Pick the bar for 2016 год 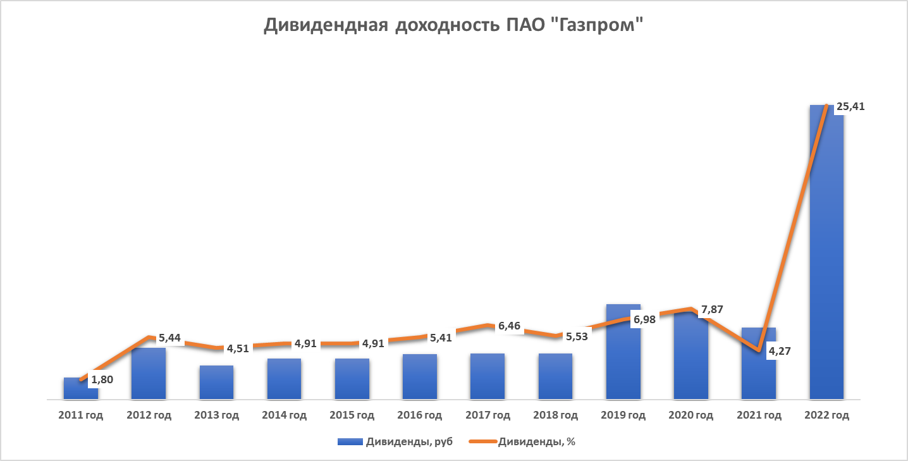[420, 377]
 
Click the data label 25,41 [850, 107]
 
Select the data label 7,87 [712, 310]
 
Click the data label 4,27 [780, 352]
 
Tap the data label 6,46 [510, 326]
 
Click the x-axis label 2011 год [80, 415]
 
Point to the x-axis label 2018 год [555, 415]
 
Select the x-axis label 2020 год [691, 415]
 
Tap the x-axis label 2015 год [352, 415]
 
